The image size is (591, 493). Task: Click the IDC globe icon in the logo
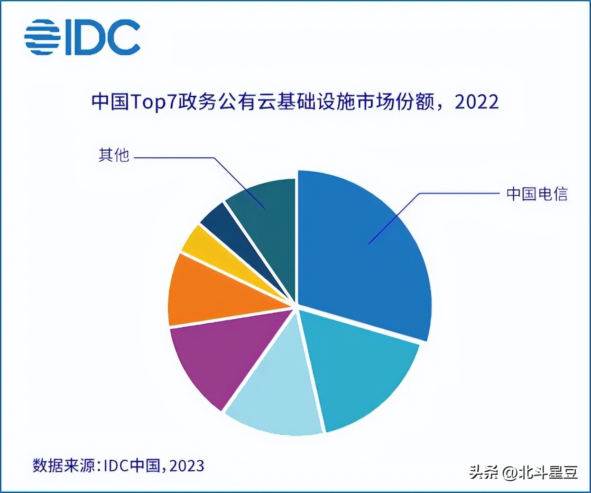(x=43, y=37)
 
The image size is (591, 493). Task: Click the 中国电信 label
(x=536, y=194)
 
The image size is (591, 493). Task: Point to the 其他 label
(x=114, y=155)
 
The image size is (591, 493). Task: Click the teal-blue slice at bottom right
(x=360, y=370)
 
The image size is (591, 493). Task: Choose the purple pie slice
(x=213, y=360)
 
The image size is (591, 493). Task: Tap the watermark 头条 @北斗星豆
(x=524, y=472)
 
